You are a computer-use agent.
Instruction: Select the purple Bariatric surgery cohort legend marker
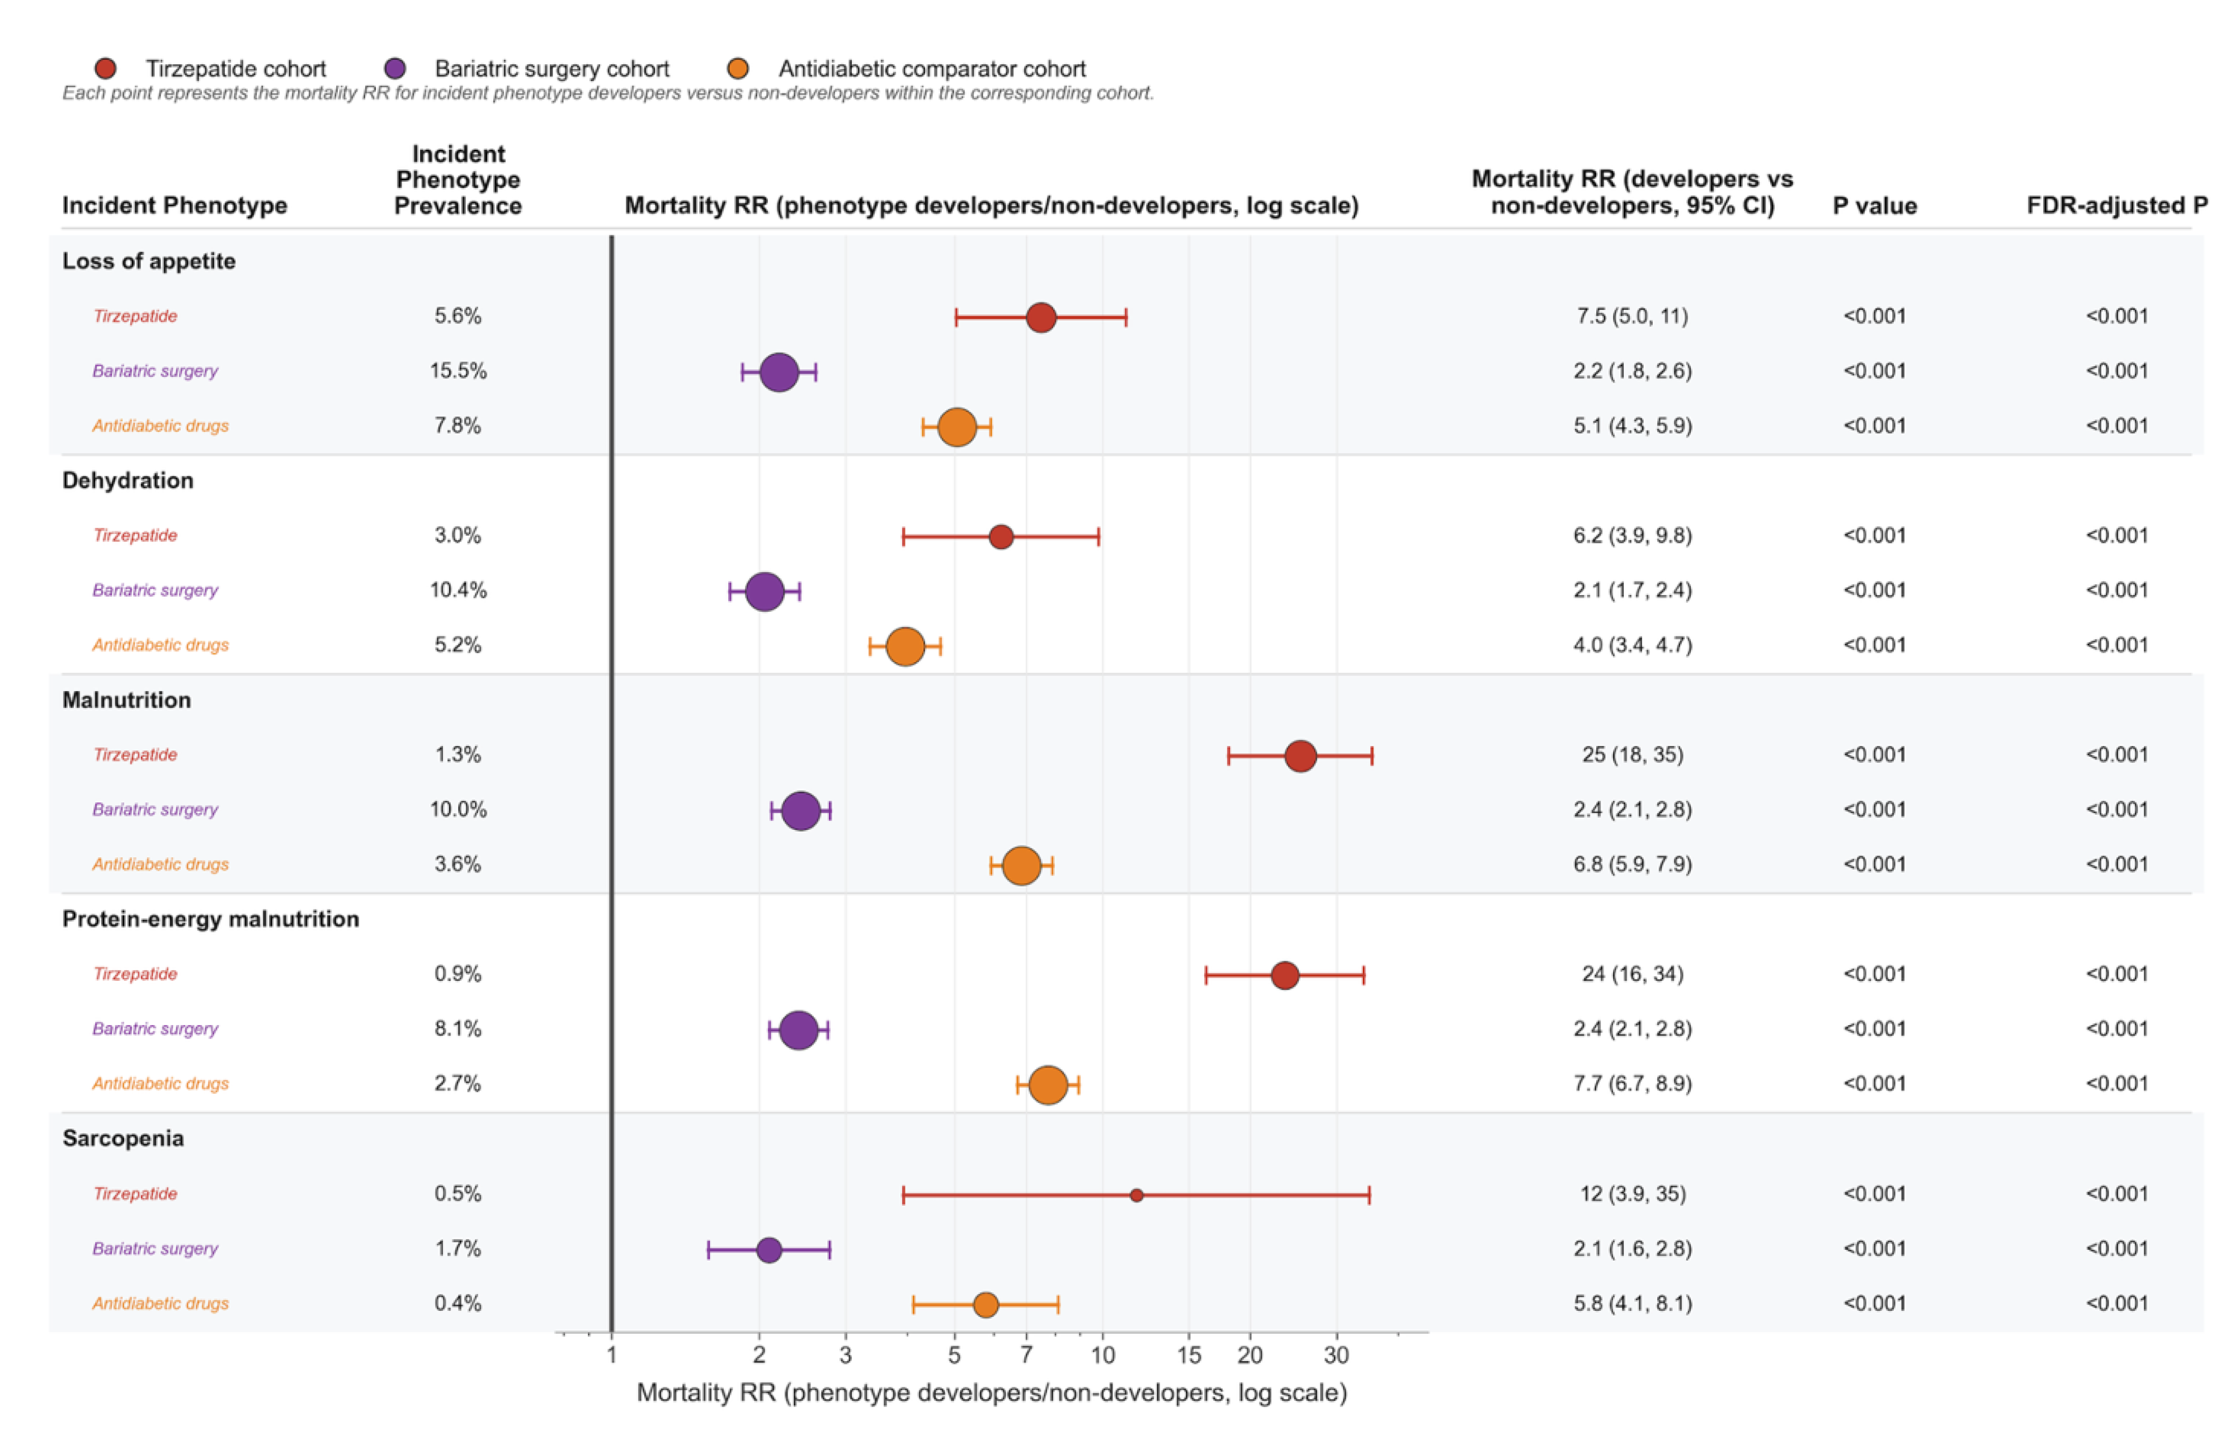[395, 68]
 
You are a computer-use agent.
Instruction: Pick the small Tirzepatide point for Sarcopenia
[1136, 1195]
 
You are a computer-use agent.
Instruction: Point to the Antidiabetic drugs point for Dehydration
[905, 646]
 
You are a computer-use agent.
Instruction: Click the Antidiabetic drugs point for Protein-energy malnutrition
[1048, 1085]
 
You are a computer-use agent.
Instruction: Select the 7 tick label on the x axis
[1026, 1355]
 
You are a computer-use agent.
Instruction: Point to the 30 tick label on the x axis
[1336, 1355]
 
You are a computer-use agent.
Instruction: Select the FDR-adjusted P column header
[2117, 206]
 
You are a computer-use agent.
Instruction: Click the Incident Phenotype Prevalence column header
[458, 180]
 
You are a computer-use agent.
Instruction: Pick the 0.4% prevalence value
[458, 1304]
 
